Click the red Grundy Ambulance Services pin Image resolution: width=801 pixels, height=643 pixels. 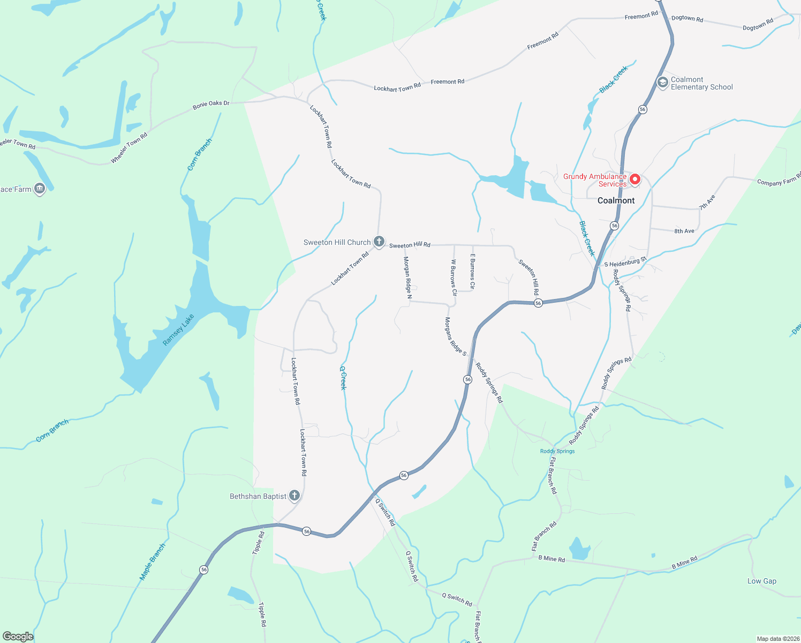tap(635, 179)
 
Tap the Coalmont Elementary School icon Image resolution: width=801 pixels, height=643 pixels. tap(662, 83)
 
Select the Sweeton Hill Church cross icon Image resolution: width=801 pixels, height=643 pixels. tap(379, 242)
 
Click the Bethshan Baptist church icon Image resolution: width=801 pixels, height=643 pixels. tap(294, 496)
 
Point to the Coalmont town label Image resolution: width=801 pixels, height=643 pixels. tap(616, 200)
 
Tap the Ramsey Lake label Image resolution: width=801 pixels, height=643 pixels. tap(178, 330)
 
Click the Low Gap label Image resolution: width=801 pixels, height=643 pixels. tap(761, 581)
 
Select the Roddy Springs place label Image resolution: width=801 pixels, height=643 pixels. tap(557, 451)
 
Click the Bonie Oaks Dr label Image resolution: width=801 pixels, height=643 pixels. tap(211, 104)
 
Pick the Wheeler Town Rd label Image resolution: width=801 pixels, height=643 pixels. tap(129, 148)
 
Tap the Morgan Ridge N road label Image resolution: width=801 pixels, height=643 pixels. tap(407, 277)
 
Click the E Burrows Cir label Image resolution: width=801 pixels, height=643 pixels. tap(472, 272)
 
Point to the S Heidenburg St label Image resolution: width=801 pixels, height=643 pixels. tap(625, 262)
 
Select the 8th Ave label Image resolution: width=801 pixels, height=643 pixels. tap(684, 231)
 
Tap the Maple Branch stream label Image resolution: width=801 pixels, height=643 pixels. tap(153, 562)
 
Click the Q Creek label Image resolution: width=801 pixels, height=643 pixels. tap(343, 377)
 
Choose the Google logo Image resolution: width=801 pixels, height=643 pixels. tap(18, 637)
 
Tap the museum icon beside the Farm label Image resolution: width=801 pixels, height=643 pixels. tap(40, 189)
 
